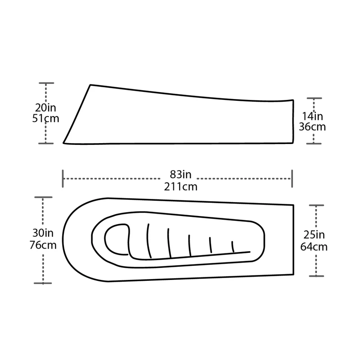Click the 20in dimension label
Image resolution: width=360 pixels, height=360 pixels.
(x=46, y=108)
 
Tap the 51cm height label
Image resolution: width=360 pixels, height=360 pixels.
(x=46, y=118)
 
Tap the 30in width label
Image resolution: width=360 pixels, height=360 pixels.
(x=43, y=234)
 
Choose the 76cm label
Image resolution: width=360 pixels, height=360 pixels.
(x=43, y=245)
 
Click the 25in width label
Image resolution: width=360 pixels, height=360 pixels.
(x=313, y=235)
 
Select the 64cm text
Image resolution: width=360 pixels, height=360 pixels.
(x=313, y=247)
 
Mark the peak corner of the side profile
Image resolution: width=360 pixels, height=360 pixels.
(x=91, y=85)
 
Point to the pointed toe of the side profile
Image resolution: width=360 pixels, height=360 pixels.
(x=63, y=143)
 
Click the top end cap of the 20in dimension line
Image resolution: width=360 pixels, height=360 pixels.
(x=46, y=83)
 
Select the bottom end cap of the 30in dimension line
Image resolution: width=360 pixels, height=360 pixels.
(x=43, y=283)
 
